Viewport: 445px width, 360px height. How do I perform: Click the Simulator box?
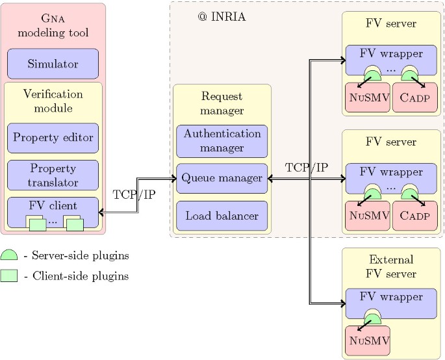pyautogui.click(x=53, y=64)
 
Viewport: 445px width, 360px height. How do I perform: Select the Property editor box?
pyautogui.click(x=53, y=138)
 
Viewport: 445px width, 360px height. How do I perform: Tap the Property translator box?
pyautogui.click(x=53, y=175)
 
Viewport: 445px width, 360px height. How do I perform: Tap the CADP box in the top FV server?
pyautogui.click(x=414, y=97)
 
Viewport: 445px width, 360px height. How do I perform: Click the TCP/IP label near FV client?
pyautogui.click(x=134, y=194)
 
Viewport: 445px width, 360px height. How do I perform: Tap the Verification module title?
pyautogui.click(x=53, y=101)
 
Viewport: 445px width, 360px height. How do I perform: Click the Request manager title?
pyautogui.click(x=222, y=103)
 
